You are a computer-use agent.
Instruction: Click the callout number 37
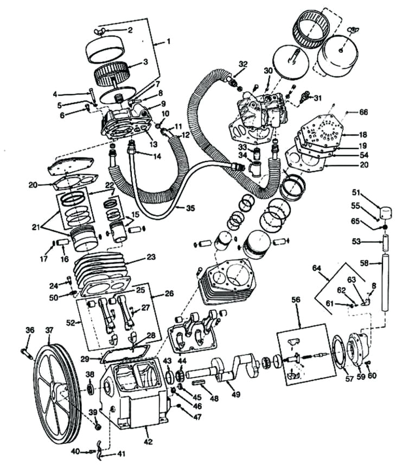tap(49, 330)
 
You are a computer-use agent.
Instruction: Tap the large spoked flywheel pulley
tap(57, 391)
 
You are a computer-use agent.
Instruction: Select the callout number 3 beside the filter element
tap(145, 62)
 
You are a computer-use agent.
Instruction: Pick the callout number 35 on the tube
tap(189, 208)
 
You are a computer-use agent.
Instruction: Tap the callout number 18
tap(363, 133)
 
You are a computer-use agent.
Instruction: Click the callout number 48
tap(214, 399)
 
